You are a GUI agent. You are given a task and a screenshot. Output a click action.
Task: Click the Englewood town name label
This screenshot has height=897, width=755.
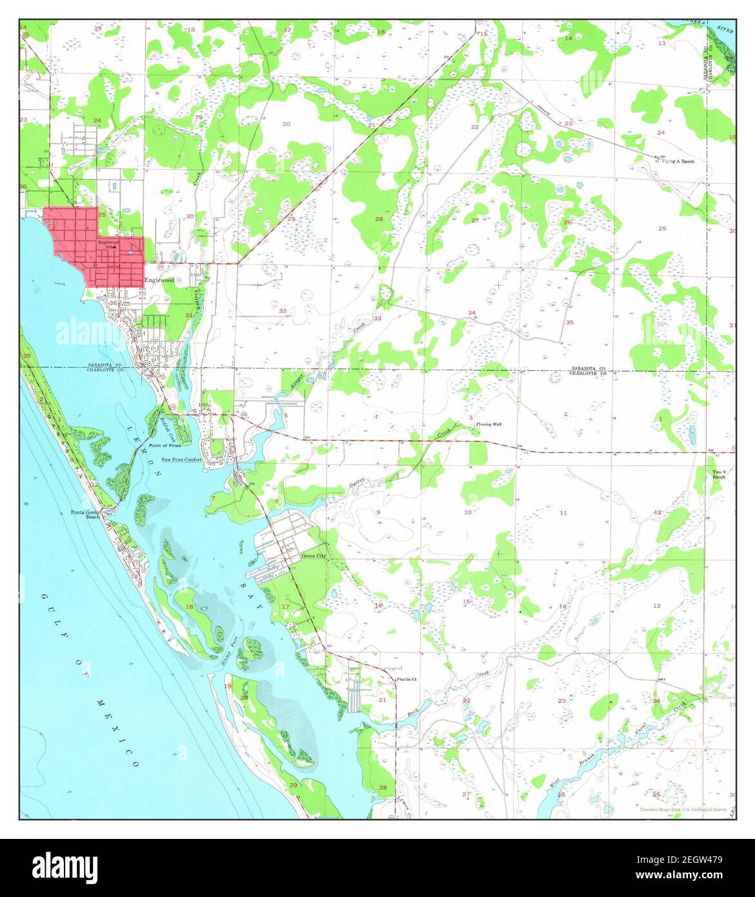click(x=159, y=280)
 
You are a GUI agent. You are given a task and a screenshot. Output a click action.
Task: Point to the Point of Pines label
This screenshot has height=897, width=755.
click(x=165, y=445)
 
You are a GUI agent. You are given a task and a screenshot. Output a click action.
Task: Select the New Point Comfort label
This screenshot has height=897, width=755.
click(x=181, y=459)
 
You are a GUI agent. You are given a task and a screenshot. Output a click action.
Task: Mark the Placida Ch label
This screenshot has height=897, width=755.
click(x=407, y=680)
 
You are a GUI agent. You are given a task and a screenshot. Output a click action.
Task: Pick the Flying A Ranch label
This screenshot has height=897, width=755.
click(x=677, y=161)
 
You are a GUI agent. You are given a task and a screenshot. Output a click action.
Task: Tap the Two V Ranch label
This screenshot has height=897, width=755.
click(x=719, y=475)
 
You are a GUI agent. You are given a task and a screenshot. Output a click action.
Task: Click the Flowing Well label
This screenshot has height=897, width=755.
click(x=488, y=425)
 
